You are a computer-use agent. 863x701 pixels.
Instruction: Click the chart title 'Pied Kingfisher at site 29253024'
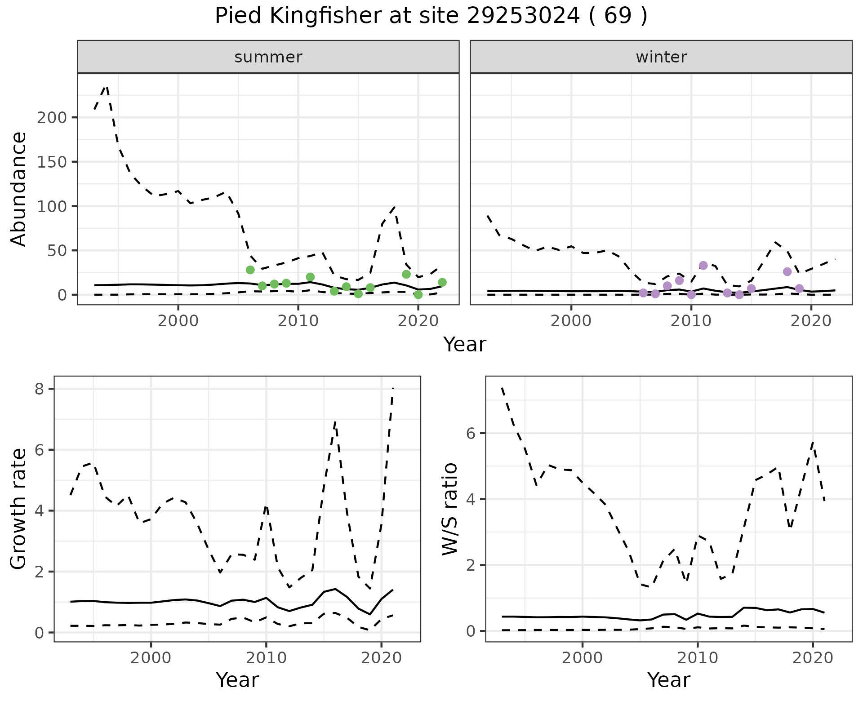coord(431,17)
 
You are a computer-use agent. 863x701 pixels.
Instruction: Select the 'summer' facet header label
coord(268,57)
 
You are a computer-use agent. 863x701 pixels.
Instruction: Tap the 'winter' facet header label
coord(661,57)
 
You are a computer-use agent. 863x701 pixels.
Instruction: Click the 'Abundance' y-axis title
coord(19,189)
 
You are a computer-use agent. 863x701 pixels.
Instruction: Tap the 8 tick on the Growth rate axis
coord(40,389)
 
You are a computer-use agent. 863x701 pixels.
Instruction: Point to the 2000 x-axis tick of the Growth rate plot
coord(151,658)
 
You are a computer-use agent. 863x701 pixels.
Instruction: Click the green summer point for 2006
coord(250,270)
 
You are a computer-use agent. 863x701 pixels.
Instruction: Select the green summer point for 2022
coord(442,282)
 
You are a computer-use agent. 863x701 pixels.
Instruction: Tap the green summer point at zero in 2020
coord(418,295)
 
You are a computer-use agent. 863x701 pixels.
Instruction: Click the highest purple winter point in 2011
coord(703,266)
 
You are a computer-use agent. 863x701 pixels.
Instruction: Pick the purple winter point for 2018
coord(787,271)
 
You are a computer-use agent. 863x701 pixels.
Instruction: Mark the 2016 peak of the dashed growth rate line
coord(335,421)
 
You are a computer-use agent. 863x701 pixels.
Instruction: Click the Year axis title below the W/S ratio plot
coord(668,680)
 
